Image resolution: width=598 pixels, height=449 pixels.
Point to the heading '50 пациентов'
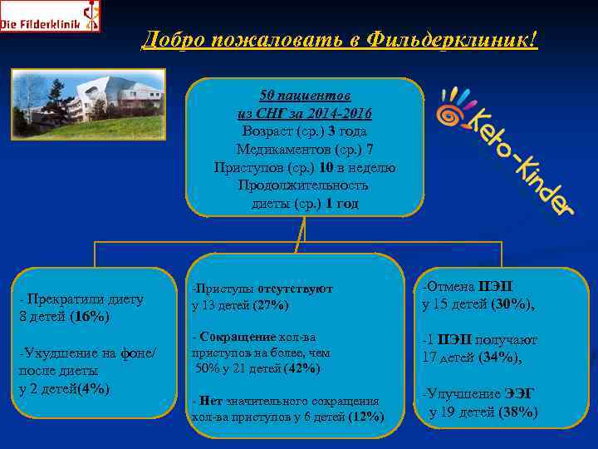(305, 96)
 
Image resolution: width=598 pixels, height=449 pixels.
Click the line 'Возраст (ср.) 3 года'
(305, 131)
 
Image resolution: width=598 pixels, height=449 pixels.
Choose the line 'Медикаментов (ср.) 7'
(305, 150)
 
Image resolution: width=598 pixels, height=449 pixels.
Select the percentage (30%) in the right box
(511, 304)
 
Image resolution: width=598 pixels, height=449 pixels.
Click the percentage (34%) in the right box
(501, 358)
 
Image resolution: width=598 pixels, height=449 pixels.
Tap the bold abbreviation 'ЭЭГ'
(521, 394)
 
